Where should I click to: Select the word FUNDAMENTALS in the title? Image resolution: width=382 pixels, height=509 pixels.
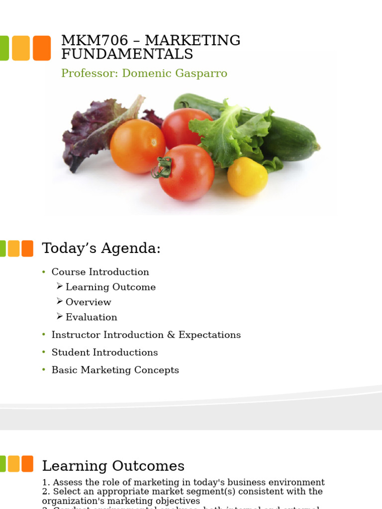pos(127,54)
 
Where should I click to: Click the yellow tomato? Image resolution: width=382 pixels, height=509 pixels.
pos(247,176)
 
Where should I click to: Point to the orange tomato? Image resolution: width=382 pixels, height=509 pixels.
pos(137,146)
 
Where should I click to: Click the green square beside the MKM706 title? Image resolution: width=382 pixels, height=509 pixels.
pos(4,48)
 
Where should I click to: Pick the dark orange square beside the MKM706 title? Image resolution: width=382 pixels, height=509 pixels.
pos(42,48)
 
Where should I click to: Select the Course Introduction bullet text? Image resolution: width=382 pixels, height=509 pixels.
pos(100,272)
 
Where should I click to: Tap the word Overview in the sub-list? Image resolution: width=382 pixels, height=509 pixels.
pos(88,302)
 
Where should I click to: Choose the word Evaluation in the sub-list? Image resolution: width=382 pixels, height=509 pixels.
pos(91,317)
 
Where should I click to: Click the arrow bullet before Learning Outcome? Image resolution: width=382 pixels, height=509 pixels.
pos(60,286)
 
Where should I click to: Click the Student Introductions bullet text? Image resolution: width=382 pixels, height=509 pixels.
pos(104,352)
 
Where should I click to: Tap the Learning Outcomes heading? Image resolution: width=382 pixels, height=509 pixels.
pos(113,466)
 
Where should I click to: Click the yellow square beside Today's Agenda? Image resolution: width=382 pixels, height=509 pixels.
pos(14,249)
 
